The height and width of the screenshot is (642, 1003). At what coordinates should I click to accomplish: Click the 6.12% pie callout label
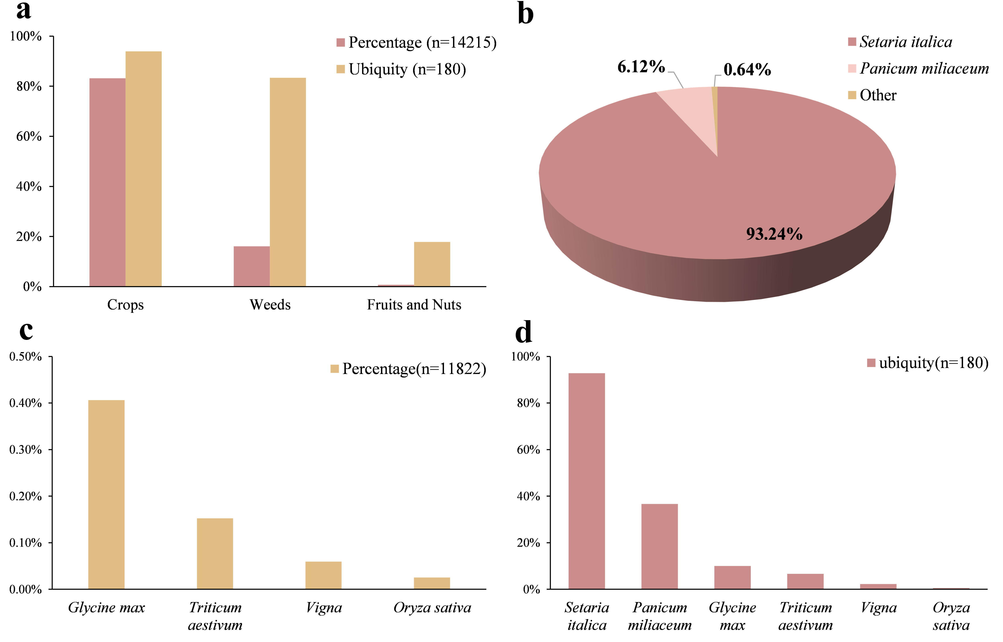[641, 67]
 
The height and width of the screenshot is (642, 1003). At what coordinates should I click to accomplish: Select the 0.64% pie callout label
[747, 70]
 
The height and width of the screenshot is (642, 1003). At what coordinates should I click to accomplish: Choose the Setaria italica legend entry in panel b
[905, 42]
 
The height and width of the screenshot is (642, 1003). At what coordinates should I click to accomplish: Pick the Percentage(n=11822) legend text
[414, 369]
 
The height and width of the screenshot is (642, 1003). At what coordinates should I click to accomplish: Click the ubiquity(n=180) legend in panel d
[933, 363]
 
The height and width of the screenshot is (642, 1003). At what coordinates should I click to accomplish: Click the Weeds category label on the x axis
[270, 305]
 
